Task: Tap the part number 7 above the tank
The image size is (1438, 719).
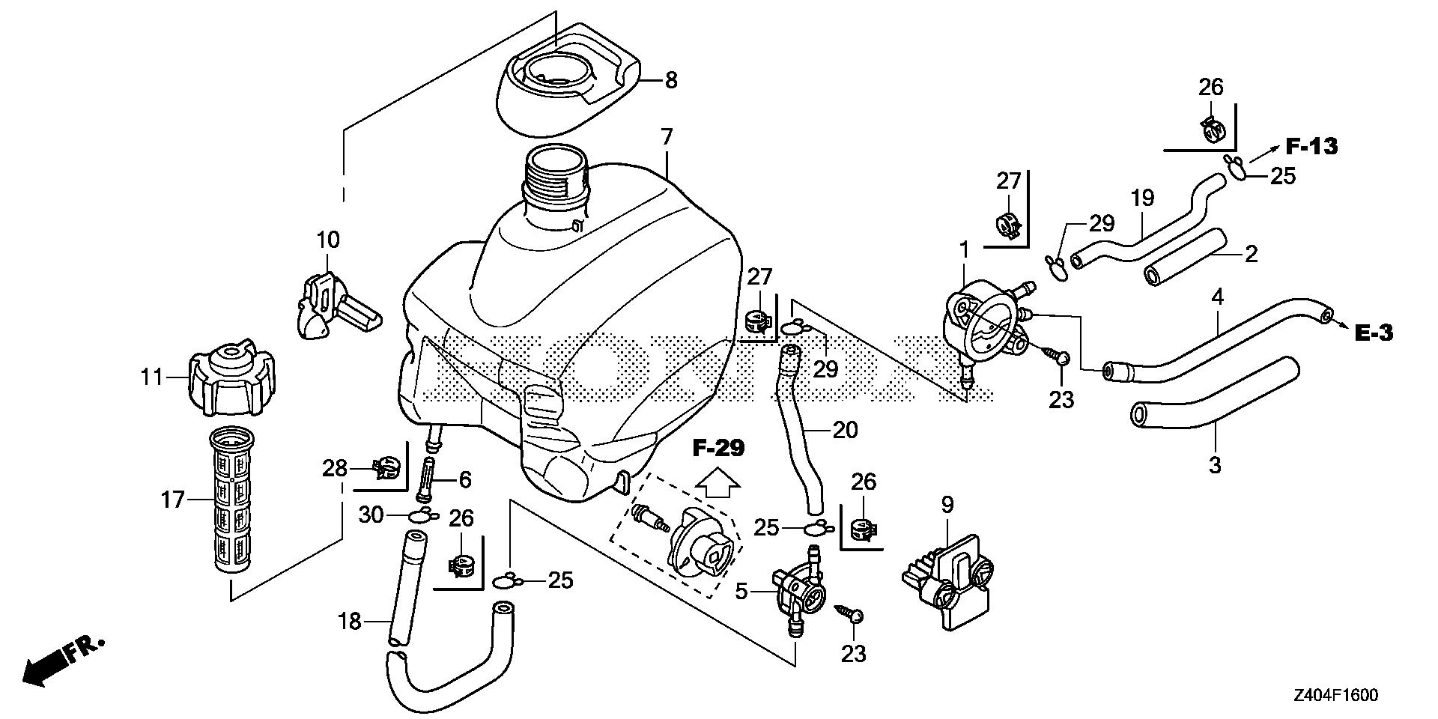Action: (x=667, y=138)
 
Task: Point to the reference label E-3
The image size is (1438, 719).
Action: (x=1374, y=333)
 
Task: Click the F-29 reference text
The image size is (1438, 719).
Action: (x=718, y=449)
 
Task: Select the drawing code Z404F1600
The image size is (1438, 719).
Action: (x=1333, y=696)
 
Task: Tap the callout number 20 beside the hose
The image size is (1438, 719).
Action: (x=845, y=430)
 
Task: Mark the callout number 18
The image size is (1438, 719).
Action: (x=350, y=621)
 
